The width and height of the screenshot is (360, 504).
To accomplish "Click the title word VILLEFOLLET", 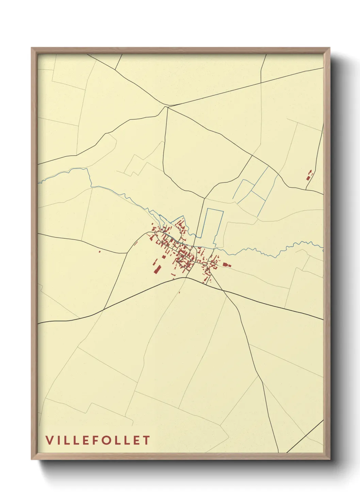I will click(98, 440).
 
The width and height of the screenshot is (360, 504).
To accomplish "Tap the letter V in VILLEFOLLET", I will click(49, 440).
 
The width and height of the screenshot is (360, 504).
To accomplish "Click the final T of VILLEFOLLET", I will click(146, 440).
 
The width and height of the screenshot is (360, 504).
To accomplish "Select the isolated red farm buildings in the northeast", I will click(309, 175).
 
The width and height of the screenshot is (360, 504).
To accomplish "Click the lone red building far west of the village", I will click(99, 252).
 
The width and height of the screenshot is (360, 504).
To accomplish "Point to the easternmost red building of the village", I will click(227, 265).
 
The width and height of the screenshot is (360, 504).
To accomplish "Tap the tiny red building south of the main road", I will click(179, 292).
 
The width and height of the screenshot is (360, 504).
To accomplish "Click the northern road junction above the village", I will click(167, 107).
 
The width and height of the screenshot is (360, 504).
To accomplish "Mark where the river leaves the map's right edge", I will click(323, 250).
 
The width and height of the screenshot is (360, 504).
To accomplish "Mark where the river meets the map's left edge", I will click(38, 183).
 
